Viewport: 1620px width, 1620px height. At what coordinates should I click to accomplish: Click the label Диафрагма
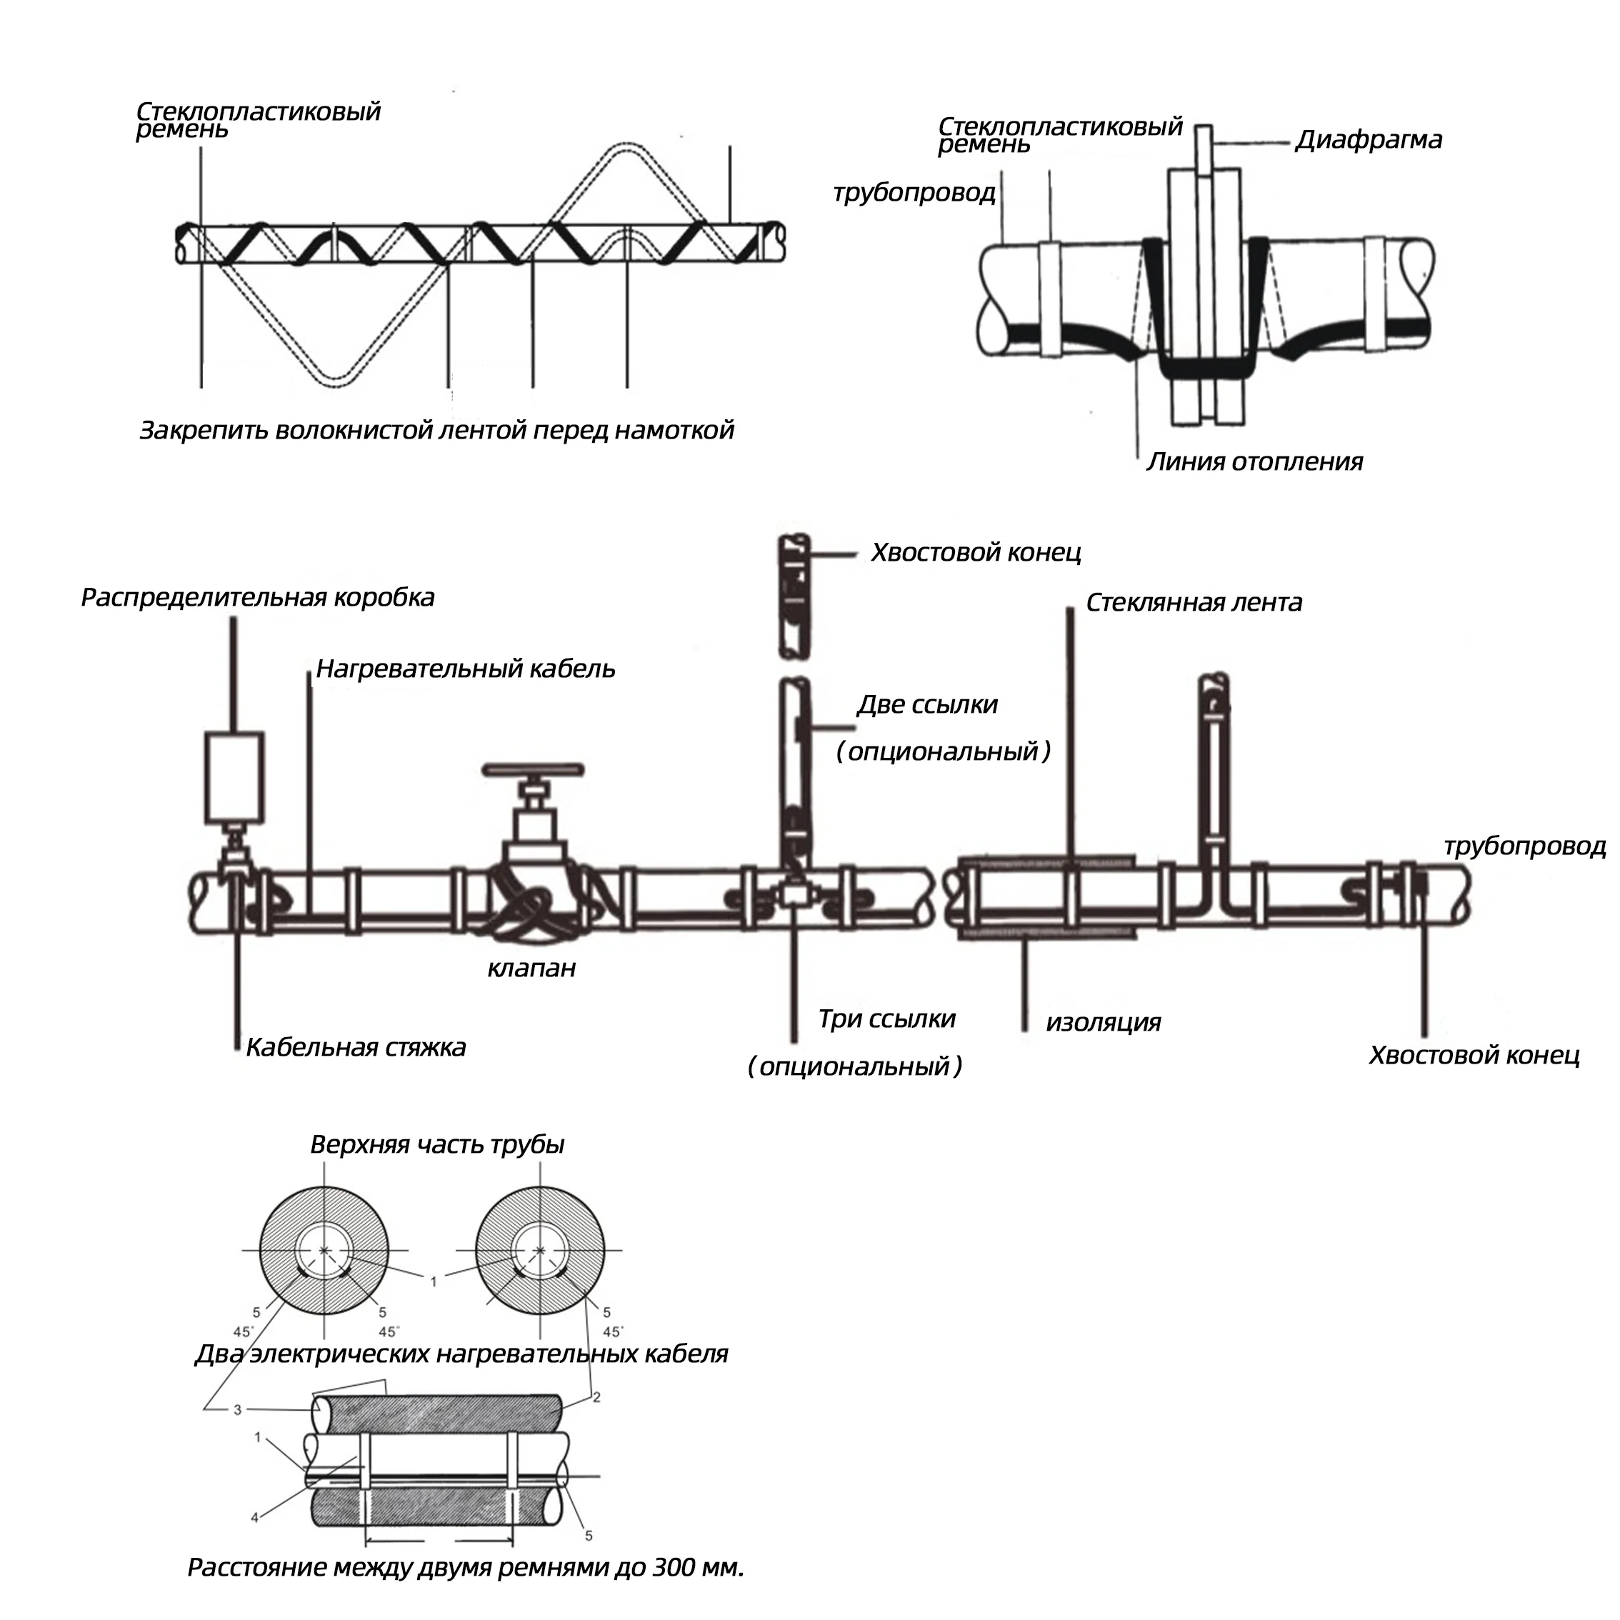pyautogui.click(x=1368, y=139)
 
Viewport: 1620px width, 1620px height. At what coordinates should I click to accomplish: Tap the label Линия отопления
pyautogui.click(x=1254, y=461)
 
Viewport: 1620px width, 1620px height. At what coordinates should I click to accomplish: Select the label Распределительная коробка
pyautogui.click(x=257, y=597)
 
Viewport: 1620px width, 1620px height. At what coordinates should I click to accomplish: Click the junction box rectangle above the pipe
pyautogui.click(x=235, y=776)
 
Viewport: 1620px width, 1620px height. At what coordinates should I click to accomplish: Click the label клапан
pyautogui.click(x=531, y=969)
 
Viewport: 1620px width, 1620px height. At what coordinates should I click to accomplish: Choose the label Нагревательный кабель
pyautogui.click(x=466, y=669)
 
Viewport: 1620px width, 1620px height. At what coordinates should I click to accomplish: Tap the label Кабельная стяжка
pyautogui.click(x=356, y=1047)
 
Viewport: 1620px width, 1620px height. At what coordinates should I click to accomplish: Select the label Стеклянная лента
pyautogui.click(x=1193, y=602)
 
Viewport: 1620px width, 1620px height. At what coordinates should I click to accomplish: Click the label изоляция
pyautogui.click(x=1103, y=1022)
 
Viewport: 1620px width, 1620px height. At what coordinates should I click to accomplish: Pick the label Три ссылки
pyautogui.click(x=886, y=1019)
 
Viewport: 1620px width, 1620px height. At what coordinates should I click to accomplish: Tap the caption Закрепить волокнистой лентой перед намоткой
pyautogui.click(x=436, y=430)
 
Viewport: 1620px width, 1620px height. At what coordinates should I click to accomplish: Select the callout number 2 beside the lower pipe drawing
pyautogui.click(x=597, y=1397)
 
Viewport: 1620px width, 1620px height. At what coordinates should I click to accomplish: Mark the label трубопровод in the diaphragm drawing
pyautogui.click(x=914, y=193)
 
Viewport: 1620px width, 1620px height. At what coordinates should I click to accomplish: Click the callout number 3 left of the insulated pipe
pyautogui.click(x=237, y=1409)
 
